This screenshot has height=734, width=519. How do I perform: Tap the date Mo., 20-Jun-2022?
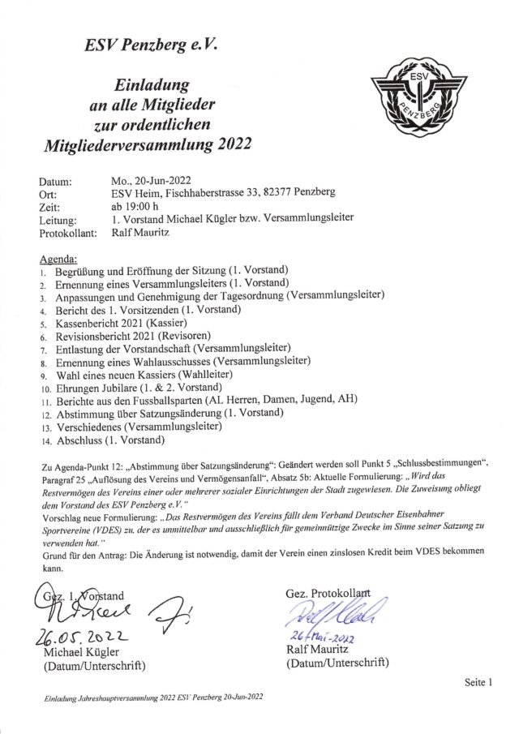click(153, 179)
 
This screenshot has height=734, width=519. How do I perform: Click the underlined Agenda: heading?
click(57, 257)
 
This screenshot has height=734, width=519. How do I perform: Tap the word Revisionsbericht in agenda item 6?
click(94, 335)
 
